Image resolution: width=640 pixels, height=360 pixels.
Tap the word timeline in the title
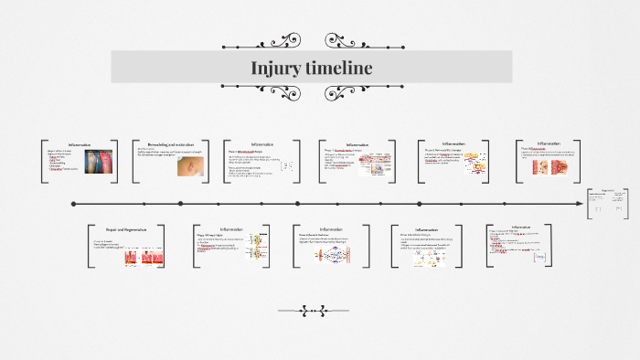(x=339, y=69)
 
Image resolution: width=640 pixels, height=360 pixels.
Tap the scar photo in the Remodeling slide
(x=190, y=167)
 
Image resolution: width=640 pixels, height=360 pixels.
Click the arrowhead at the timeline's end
(x=578, y=204)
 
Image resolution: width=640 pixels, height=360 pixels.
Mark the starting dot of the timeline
(x=73, y=204)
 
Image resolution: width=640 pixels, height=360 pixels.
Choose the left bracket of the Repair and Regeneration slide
(x=91, y=246)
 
